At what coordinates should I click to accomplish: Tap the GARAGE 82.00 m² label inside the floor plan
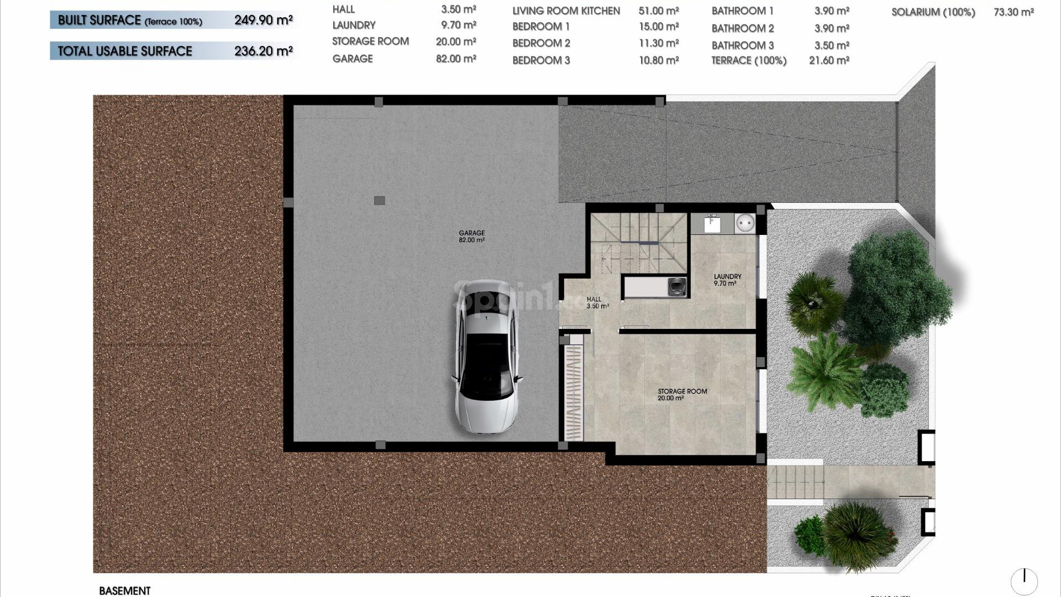(471, 237)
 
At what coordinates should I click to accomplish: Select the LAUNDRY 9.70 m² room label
(727, 280)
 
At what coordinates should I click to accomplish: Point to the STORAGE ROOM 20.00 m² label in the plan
(682, 394)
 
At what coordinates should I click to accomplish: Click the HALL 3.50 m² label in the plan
(597, 302)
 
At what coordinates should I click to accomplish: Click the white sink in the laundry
(712, 224)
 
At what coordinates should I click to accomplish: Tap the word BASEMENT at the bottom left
(124, 591)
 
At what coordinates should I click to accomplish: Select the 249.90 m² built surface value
(263, 20)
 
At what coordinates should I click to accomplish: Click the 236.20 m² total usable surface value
(263, 51)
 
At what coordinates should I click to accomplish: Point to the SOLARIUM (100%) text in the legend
(933, 12)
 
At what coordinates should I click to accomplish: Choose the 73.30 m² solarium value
(1013, 12)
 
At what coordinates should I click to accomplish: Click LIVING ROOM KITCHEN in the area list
(566, 11)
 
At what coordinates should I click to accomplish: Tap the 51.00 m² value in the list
(659, 11)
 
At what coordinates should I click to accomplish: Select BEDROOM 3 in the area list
(541, 60)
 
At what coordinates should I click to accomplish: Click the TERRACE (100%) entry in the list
(749, 61)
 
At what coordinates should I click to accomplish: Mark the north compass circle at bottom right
(1024, 581)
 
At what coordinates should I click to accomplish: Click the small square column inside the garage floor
(379, 201)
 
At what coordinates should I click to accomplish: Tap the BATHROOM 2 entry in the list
(743, 28)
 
